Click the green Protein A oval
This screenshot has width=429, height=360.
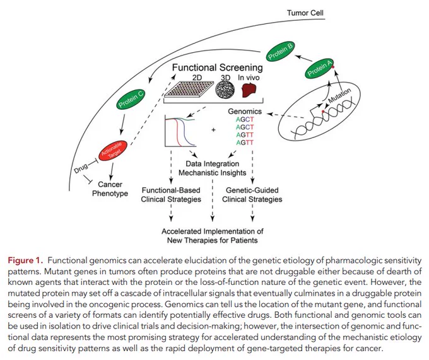[x=319, y=68]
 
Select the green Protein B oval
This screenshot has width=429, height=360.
[x=280, y=52]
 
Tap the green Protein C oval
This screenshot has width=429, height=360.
[x=130, y=99]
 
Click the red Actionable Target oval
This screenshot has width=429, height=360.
[x=113, y=151]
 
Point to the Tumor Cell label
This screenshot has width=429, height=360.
[x=305, y=13]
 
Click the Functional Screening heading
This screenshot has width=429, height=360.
[x=218, y=67]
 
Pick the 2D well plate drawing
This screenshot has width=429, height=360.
[x=189, y=89]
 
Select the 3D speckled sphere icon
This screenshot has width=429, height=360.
[x=225, y=89]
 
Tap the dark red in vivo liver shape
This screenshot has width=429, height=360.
[x=249, y=90]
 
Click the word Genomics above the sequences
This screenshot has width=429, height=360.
[x=245, y=111]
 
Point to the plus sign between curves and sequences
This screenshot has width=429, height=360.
[x=213, y=130]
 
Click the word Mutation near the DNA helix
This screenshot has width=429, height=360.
[x=339, y=95]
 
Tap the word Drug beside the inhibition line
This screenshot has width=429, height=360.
[x=81, y=168]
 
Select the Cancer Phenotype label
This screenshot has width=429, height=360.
[x=110, y=189]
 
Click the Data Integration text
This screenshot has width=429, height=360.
[x=213, y=164]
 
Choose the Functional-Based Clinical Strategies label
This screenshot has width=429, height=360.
[x=171, y=195]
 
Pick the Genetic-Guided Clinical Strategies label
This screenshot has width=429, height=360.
[x=252, y=195]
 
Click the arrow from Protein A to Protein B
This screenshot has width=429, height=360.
[x=303, y=58]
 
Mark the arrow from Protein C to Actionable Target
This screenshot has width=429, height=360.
[x=123, y=124]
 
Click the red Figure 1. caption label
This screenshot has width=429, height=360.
[x=25, y=260]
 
